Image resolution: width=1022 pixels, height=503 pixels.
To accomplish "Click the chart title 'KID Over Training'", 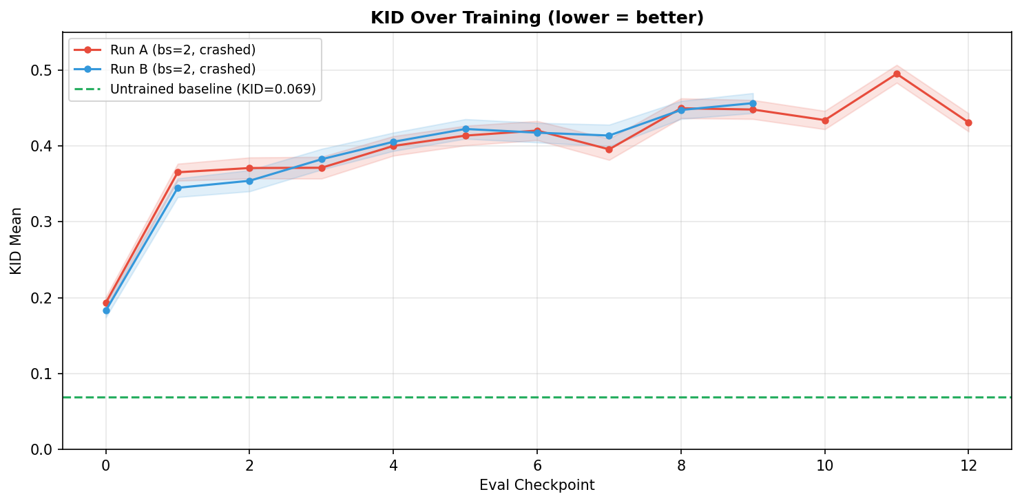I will pos(536,18).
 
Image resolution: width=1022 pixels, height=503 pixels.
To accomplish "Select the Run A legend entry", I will pos(182,50).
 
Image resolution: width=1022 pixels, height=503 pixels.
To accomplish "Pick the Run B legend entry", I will pos(182,69).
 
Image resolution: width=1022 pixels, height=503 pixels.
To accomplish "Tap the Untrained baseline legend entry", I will pos(212,89).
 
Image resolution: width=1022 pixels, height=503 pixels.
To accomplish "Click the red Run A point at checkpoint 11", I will pos(897,74).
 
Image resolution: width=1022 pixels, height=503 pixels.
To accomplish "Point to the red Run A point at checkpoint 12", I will pos(968,122).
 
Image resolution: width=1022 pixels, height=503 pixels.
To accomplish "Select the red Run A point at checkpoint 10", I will pos(825,120).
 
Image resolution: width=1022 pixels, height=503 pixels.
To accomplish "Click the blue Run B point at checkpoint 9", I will pos(753,103).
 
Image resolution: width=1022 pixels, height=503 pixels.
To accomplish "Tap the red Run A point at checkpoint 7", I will pos(609,149).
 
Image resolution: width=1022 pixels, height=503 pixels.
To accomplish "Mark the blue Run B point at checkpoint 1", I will pos(178,188).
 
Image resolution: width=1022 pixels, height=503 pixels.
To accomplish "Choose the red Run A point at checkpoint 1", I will pos(178,172).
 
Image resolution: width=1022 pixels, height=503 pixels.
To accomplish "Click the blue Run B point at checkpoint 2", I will pos(249,181).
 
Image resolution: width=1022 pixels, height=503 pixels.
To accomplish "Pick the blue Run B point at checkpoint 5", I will pos(466,129).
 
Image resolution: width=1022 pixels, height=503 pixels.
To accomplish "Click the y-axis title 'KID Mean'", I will pos(17,240).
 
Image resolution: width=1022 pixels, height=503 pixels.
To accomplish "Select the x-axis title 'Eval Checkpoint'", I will pos(536,486).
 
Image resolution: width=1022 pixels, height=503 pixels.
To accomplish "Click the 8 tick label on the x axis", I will pos(681,466).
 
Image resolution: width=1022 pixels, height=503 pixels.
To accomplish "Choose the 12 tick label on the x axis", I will pos(968,466).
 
